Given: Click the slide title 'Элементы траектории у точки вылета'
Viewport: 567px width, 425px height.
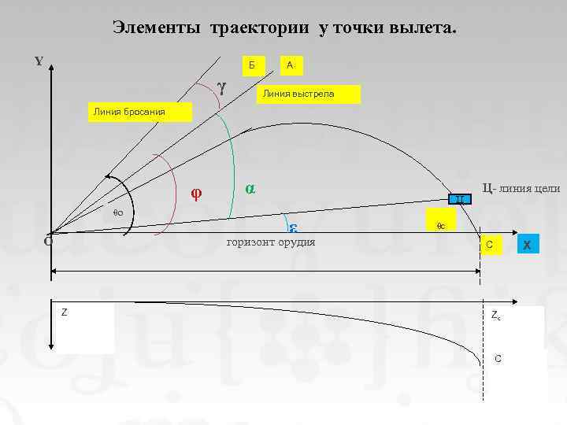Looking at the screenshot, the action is click(x=283, y=28).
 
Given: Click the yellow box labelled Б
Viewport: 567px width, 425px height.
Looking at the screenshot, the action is click(x=251, y=65).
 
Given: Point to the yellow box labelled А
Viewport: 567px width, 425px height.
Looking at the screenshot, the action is click(x=291, y=65).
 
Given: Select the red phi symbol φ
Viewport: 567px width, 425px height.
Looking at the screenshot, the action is click(x=197, y=193).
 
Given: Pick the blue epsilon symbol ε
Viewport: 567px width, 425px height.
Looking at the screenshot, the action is click(x=291, y=227).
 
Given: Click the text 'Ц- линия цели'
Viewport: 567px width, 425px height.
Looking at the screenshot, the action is click(x=521, y=188).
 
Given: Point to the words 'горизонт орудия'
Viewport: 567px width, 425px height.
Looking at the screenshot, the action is click(x=270, y=242).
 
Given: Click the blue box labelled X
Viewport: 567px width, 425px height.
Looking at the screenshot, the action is click(x=527, y=246).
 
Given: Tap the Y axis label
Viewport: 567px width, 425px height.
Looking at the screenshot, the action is click(x=39, y=62).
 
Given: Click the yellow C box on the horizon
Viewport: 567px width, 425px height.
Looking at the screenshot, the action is click(x=490, y=245).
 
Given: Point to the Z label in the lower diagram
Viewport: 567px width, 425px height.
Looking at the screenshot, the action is click(x=65, y=312).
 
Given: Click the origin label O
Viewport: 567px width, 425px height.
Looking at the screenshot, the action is click(x=47, y=242).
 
